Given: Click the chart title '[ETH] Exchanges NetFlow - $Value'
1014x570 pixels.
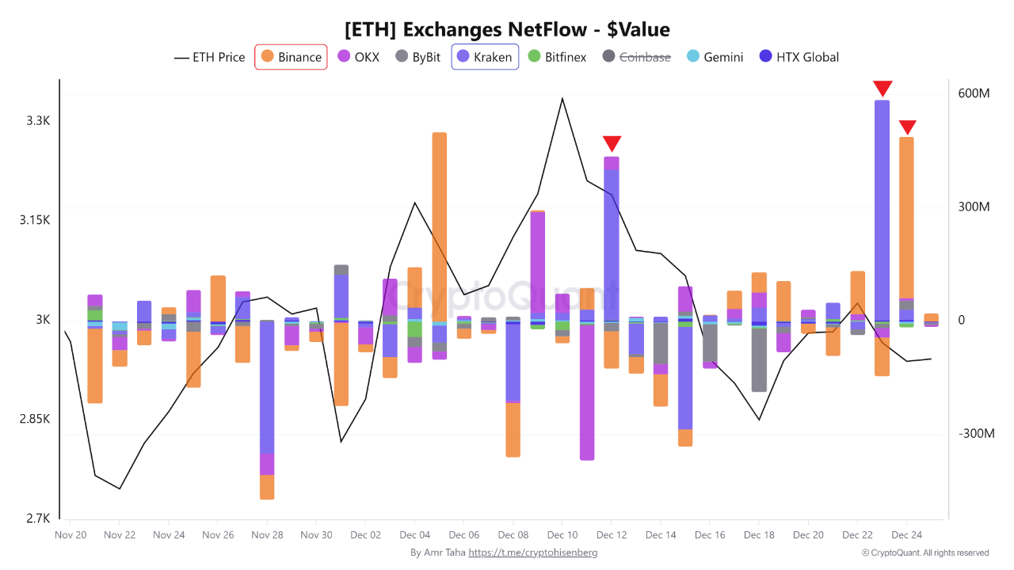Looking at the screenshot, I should [507, 30].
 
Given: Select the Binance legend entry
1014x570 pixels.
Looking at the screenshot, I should [291, 57].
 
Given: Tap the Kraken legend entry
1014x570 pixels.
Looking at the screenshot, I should [485, 57].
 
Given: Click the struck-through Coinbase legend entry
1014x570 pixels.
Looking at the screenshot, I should [636, 57].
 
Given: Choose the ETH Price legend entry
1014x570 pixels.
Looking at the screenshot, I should [210, 57].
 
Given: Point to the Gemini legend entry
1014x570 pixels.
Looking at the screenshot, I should [714, 57].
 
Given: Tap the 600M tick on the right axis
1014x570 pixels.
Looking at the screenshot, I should [974, 93].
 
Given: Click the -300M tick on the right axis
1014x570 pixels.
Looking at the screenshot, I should [974, 434].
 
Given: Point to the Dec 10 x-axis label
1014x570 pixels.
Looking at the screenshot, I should [562, 535].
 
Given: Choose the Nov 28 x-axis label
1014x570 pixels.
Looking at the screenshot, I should [267, 535].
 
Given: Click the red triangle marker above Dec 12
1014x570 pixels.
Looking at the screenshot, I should [612, 143].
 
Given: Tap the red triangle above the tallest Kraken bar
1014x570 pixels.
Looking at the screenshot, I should [882, 88].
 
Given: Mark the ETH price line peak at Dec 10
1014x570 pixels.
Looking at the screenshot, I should [562, 99].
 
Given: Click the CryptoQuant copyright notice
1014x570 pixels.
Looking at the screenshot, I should [925, 553].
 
